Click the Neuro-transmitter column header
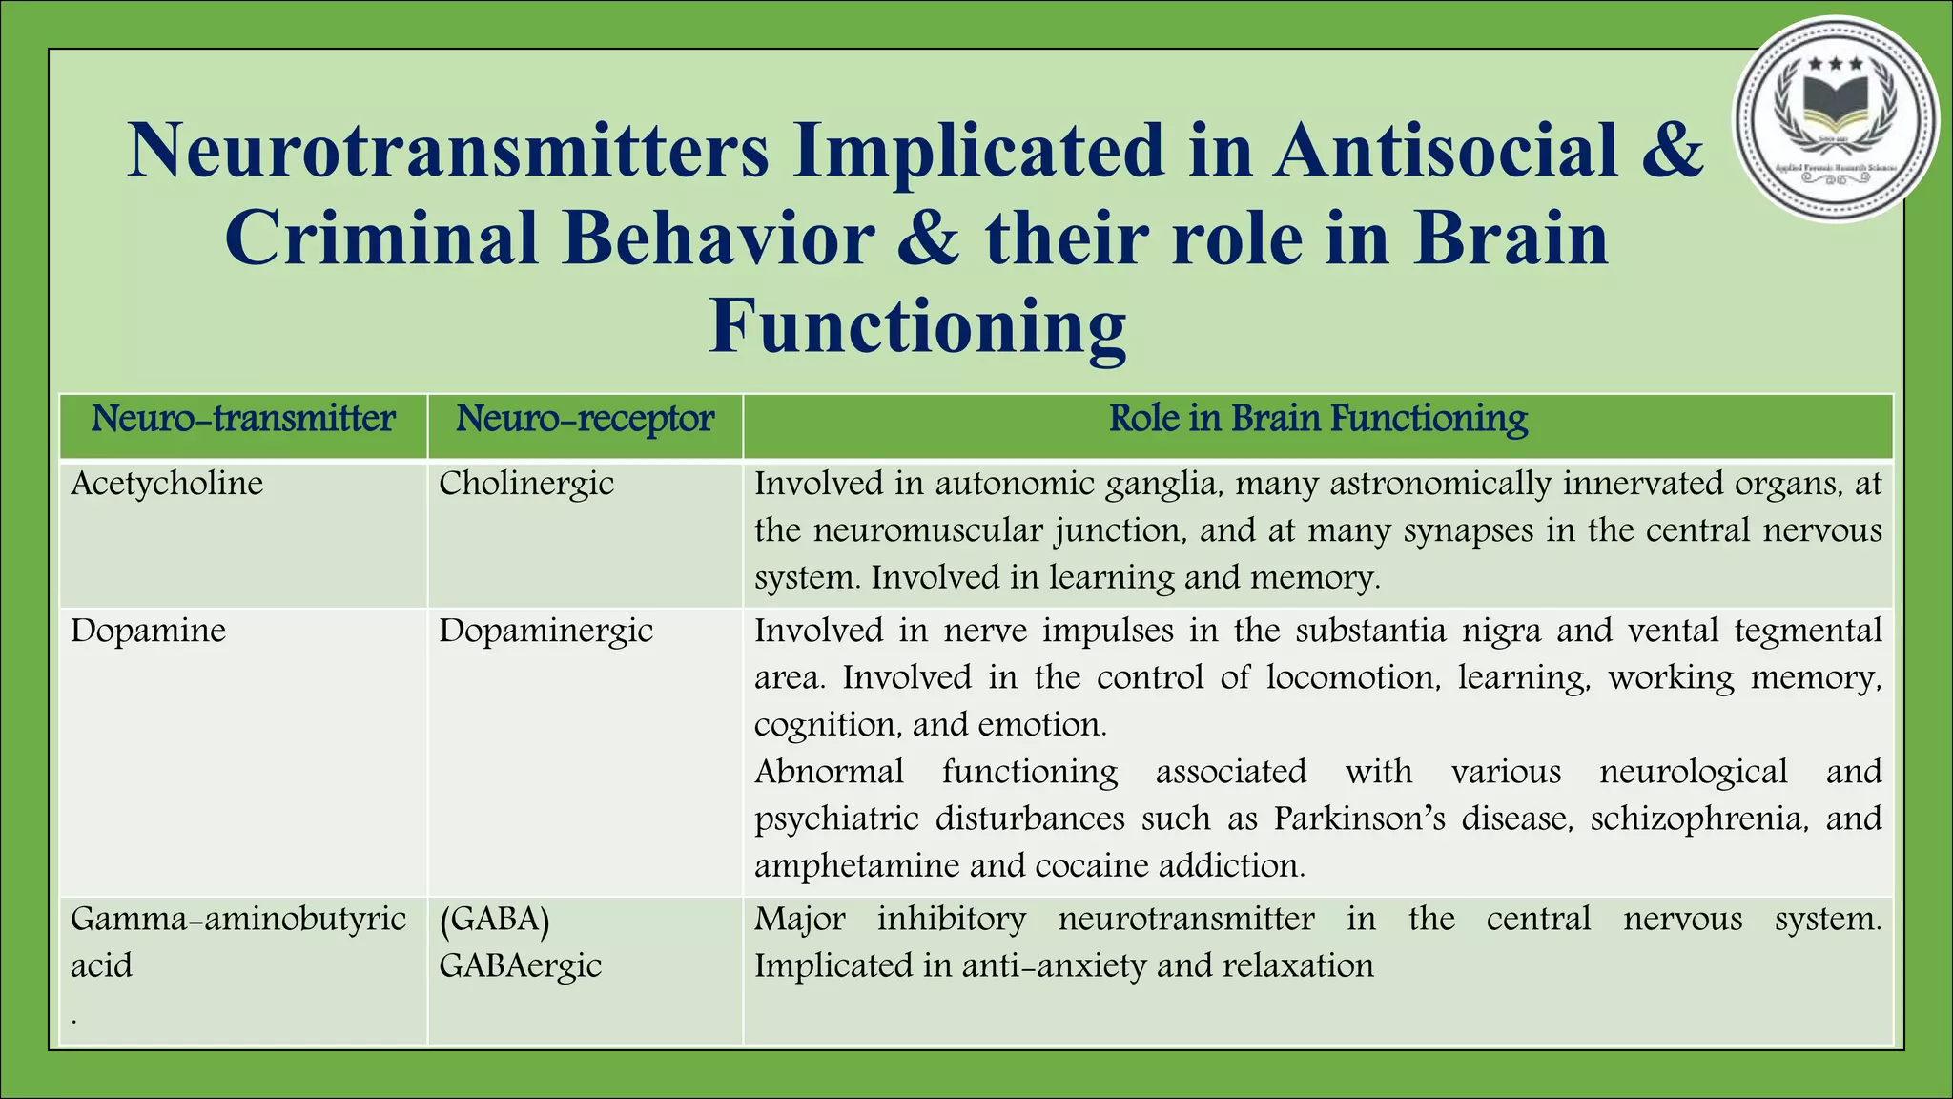[242, 419]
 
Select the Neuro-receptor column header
[585, 419]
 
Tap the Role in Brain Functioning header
[1318, 419]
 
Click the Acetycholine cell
[167, 484]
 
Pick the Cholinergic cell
[526, 484]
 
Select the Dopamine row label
[148, 631]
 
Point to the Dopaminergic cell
[545, 631]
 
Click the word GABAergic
[520, 965]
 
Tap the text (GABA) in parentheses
[494, 919]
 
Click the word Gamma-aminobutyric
[238, 919]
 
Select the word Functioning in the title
[917, 326]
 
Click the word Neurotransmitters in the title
[447, 151]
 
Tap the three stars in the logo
[1835, 64]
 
